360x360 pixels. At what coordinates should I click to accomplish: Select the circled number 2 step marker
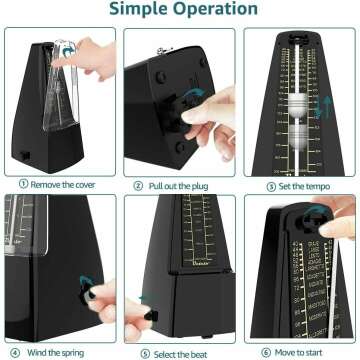point(137,185)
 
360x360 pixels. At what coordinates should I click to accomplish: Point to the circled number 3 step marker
point(271,186)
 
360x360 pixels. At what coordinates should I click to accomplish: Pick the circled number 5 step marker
point(145,352)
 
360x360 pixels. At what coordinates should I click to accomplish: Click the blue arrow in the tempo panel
point(323,106)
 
